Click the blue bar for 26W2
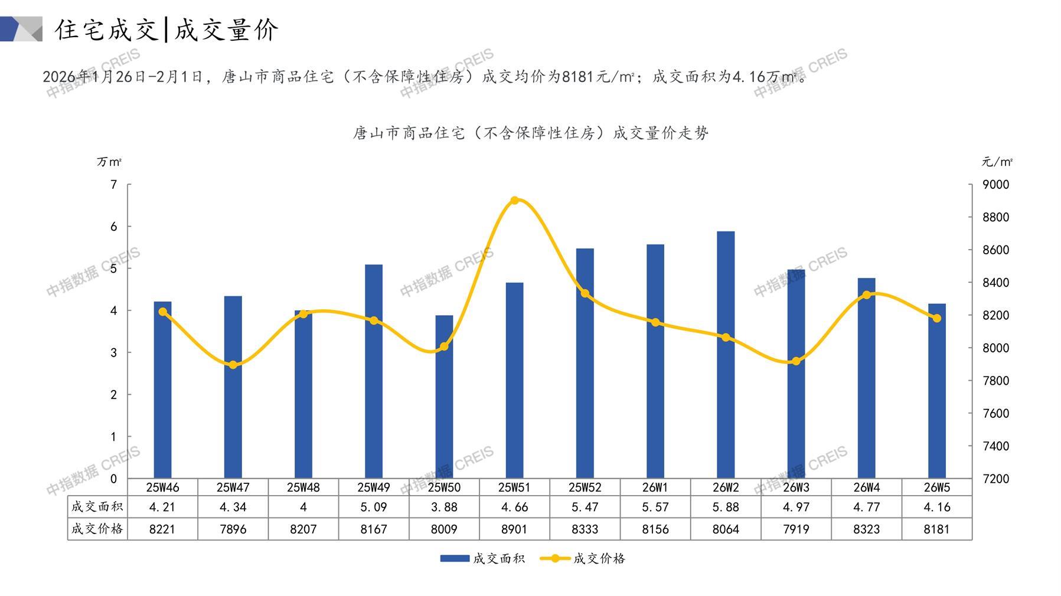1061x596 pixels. click(726, 354)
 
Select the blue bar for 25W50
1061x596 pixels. click(444, 397)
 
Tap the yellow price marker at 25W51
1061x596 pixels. click(514, 201)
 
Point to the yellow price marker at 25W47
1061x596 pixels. click(233, 365)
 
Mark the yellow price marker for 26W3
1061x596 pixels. click(796, 361)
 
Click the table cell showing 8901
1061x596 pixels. click(514, 529)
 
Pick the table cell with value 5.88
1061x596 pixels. click(726, 507)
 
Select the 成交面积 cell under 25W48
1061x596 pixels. click(303, 507)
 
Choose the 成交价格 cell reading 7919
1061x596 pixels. click(796, 529)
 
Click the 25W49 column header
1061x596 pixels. click(374, 487)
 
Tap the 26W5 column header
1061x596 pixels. click(937, 487)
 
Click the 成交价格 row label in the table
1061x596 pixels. click(97, 529)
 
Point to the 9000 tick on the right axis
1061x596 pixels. click(995, 185)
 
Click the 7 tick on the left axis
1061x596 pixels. click(114, 185)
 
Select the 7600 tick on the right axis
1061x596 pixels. click(995, 413)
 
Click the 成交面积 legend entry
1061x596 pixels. click(482, 558)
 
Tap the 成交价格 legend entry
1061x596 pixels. click(583, 558)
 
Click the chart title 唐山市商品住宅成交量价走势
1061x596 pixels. click(530, 133)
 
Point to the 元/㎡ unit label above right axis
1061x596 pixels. click(997, 162)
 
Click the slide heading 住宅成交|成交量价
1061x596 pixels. click(167, 30)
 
